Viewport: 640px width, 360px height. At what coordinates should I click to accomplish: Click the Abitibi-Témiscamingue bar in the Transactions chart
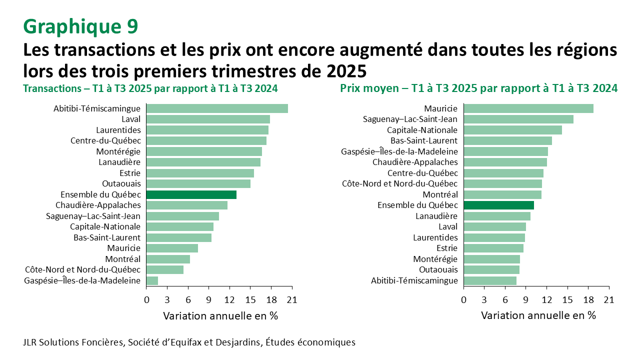217,108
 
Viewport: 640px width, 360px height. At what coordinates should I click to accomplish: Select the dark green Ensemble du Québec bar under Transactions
191,194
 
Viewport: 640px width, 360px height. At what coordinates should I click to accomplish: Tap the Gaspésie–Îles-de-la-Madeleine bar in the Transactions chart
152,280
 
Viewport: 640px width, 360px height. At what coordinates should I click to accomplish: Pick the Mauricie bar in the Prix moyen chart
528,108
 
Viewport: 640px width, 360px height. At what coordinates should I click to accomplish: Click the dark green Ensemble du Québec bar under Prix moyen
498,205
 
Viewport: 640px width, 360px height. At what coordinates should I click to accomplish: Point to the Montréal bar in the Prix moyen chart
502,194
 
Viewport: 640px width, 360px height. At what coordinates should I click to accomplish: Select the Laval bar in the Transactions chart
208,119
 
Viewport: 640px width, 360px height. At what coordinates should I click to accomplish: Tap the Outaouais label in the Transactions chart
121,183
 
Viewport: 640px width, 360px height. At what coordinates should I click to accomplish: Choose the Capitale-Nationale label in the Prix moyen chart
422,130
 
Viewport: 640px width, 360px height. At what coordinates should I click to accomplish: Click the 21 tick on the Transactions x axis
292,300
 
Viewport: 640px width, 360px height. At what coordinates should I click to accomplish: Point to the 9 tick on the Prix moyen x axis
526,300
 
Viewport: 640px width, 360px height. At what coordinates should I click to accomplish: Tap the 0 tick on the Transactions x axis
146,300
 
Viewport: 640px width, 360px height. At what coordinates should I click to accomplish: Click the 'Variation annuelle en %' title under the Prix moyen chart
538,315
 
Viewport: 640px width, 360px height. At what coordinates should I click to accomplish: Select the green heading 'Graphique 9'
80,26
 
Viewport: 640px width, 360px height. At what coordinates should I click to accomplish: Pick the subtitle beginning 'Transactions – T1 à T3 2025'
150,88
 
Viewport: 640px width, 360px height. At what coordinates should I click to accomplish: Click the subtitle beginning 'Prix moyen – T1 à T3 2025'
478,88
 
